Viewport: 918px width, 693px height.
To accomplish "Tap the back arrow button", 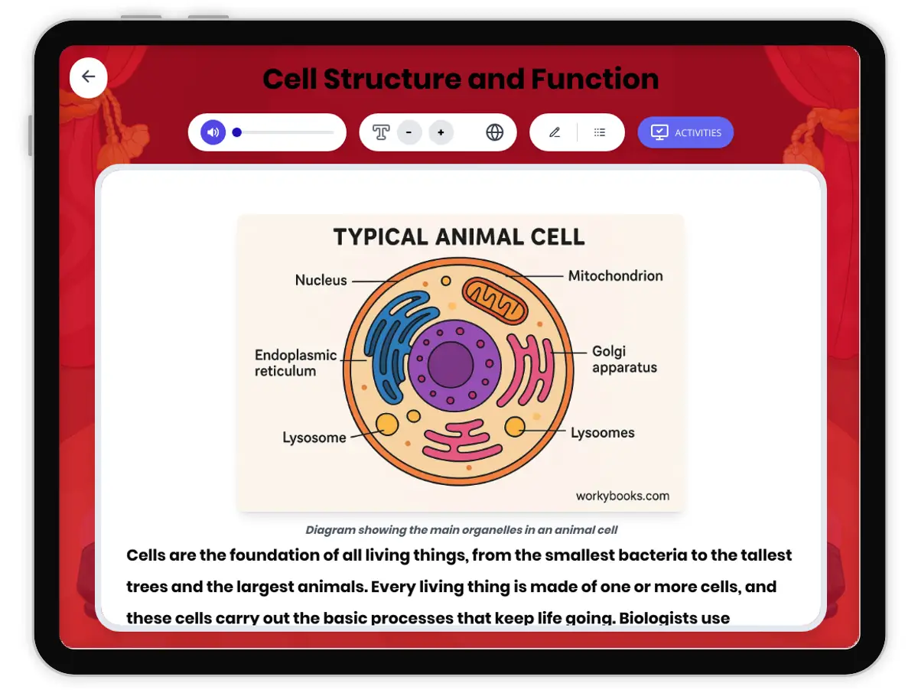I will click(x=89, y=76).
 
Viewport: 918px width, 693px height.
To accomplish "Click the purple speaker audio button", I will click(x=213, y=132).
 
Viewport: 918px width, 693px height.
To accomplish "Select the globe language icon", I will click(x=495, y=132).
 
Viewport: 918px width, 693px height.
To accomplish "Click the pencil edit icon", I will click(x=555, y=132).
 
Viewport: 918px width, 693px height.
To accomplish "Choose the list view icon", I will click(x=600, y=132).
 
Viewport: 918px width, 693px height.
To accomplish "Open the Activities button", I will click(x=685, y=132).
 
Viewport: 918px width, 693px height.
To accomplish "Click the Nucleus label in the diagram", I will click(x=321, y=280).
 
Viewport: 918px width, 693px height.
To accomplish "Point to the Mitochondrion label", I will click(x=615, y=275).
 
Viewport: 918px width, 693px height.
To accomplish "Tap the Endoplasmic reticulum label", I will click(x=295, y=363).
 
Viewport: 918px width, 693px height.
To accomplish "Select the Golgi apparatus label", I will click(x=624, y=360).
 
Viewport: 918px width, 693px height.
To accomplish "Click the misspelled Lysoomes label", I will click(x=602, y=433).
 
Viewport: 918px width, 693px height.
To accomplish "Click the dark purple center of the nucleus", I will click(x=451, y=365).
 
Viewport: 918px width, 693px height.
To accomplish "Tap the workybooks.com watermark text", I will click(x=622, y=496).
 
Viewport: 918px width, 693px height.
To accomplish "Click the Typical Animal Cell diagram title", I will click(x=459, y=236).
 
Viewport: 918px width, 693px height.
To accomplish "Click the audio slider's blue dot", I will click(x=237, y=132).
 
